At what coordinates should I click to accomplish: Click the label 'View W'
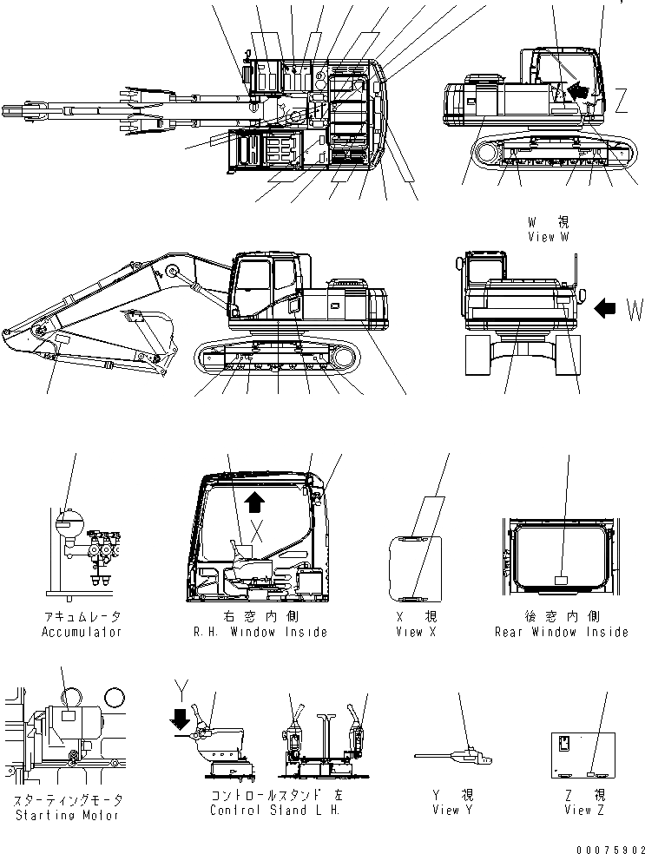point(548,237)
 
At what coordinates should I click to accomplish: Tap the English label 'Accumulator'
point(82,632)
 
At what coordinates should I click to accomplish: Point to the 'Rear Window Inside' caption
point(561,632)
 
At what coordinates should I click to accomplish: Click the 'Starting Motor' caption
point(68,815)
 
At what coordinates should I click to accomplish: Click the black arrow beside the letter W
point(605,305)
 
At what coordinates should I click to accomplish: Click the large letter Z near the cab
point(622,102)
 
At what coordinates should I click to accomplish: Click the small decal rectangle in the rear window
point(560,580)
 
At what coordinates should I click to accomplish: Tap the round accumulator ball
point(68,523)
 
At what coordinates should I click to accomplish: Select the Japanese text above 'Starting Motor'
point(68,799)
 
